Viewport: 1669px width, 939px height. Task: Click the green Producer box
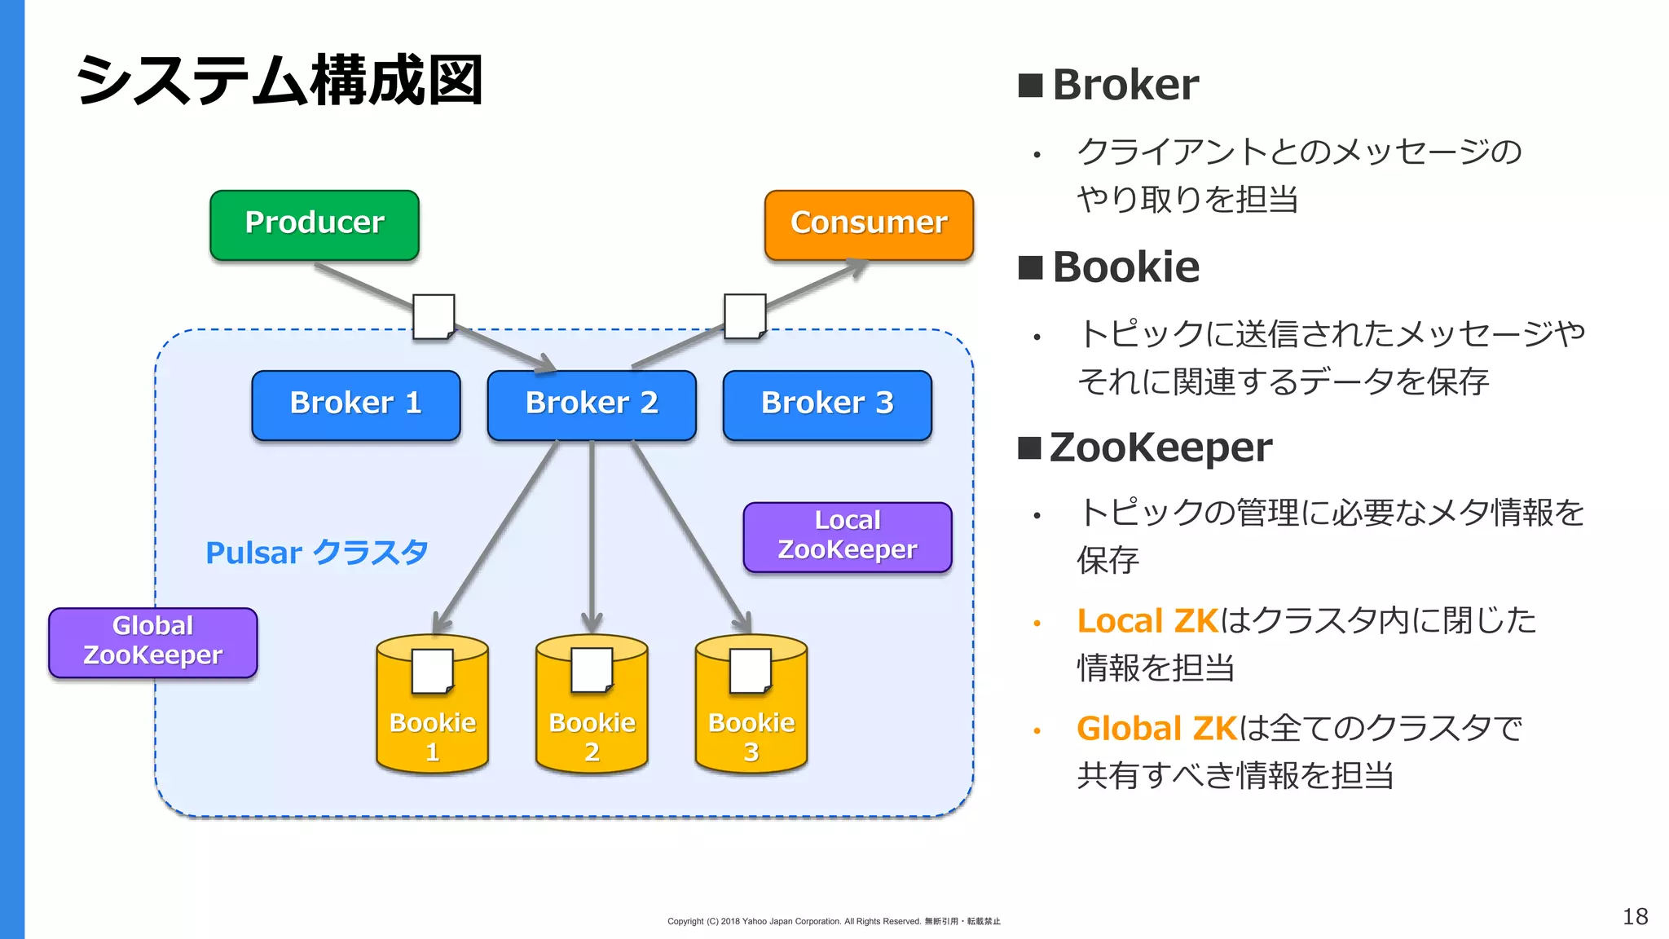point(315,225)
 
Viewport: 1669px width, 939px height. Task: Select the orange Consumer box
point(869,225)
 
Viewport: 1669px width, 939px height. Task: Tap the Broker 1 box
point(356,405)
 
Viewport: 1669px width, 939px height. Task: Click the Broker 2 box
point(592,405)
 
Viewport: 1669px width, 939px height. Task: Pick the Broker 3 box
point(827,405)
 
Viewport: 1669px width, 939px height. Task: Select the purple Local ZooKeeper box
point(848,536)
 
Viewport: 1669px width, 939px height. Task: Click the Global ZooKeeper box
point(153,642)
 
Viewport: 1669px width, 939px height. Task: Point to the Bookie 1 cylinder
point(433,717)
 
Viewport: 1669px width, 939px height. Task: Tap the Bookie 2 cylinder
point(592,717)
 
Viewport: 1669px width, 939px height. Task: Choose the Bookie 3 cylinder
point(751,717)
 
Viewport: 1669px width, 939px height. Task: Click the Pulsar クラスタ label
point(316,553)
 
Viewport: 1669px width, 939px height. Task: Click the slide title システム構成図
point(280,81)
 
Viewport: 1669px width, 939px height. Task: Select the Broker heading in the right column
point(1125,85)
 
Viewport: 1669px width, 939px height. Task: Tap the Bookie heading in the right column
point(1125,267)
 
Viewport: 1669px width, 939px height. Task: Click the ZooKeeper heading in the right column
point(1160,447)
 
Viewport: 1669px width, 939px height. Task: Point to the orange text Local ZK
point(1147,621)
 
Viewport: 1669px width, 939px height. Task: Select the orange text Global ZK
point(1156,729)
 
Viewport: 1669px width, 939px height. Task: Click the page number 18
point(1635,916)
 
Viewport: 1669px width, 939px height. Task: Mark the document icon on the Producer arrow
point(434,316)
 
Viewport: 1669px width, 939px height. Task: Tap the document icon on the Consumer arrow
point(745,316)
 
